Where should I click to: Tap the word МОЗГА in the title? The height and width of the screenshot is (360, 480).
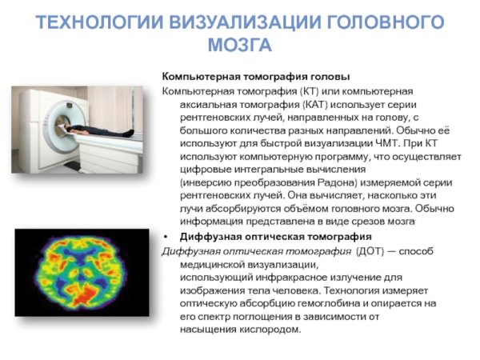coord(240,44)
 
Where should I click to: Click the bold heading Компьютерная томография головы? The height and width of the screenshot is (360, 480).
coord(256,77)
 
